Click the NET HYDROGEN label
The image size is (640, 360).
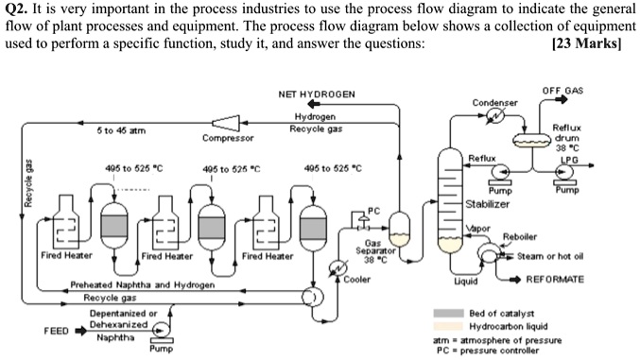click(x=317, y=95)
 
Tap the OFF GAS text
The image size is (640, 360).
click(x=562, y=90)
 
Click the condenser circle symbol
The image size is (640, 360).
click(x=495, y=115)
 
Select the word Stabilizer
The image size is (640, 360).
click(x=488, y=203)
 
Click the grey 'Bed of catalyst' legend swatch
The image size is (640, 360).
click(x=447, y=313)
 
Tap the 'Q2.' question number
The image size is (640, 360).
click(x=18, y=10)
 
